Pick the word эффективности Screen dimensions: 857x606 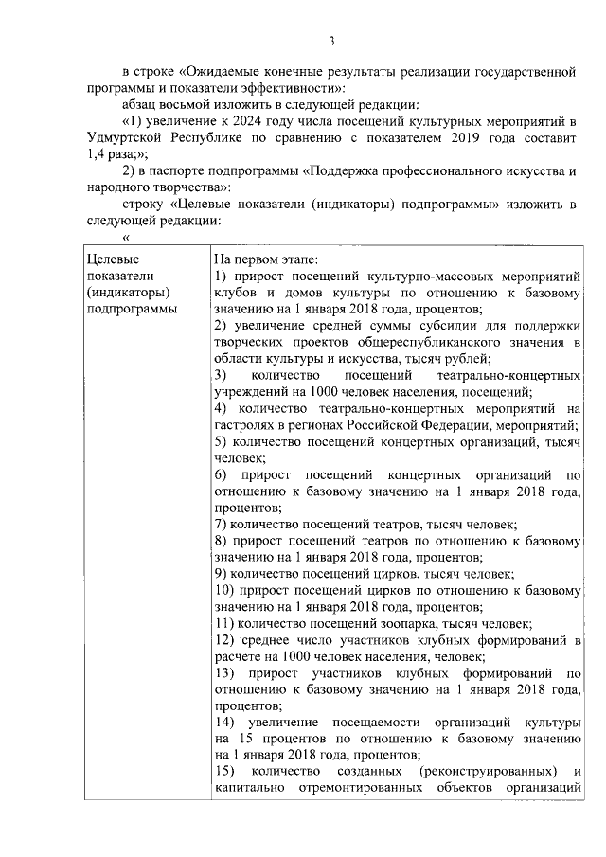(219, 88)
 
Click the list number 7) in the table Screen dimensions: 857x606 (220, 524)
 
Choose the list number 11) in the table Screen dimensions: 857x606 (224, 624)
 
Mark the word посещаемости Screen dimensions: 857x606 (358, 724)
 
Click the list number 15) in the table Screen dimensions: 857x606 (225, 775)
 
